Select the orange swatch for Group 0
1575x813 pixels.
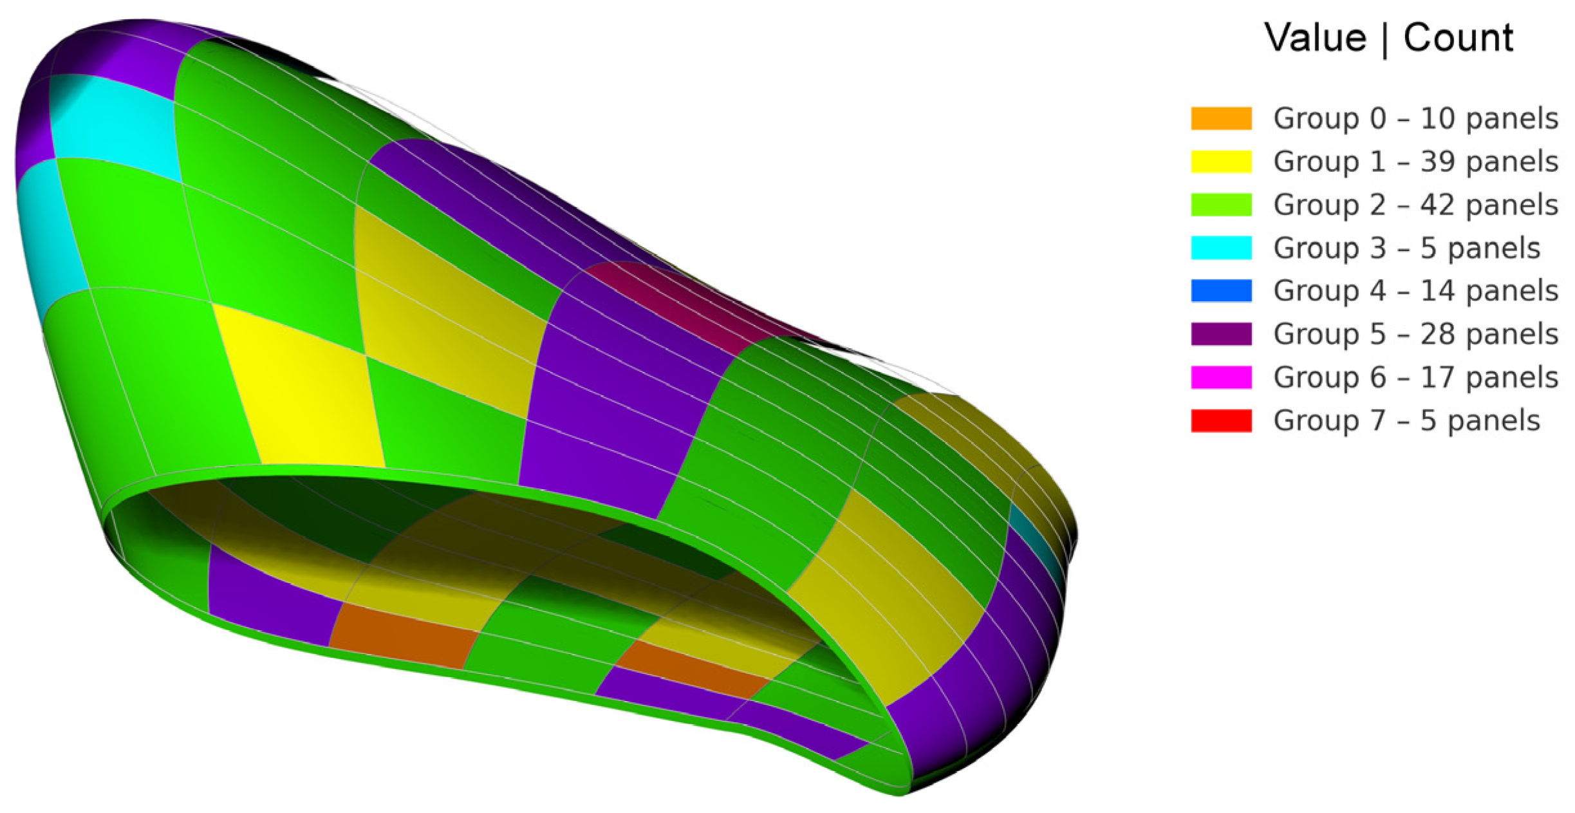[x=1221, y=118]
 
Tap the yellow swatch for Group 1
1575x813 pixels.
[x=1221, y=162]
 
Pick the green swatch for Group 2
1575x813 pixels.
[x=1221, y=205]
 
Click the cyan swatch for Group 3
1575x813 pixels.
[x=1221, y=248]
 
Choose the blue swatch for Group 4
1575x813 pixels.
[x=1221, y=291]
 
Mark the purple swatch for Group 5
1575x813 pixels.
[x=1221, y=334]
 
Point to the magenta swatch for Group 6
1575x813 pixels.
[x=1221, y=377]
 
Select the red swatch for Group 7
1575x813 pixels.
[x=1221, y=420]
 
